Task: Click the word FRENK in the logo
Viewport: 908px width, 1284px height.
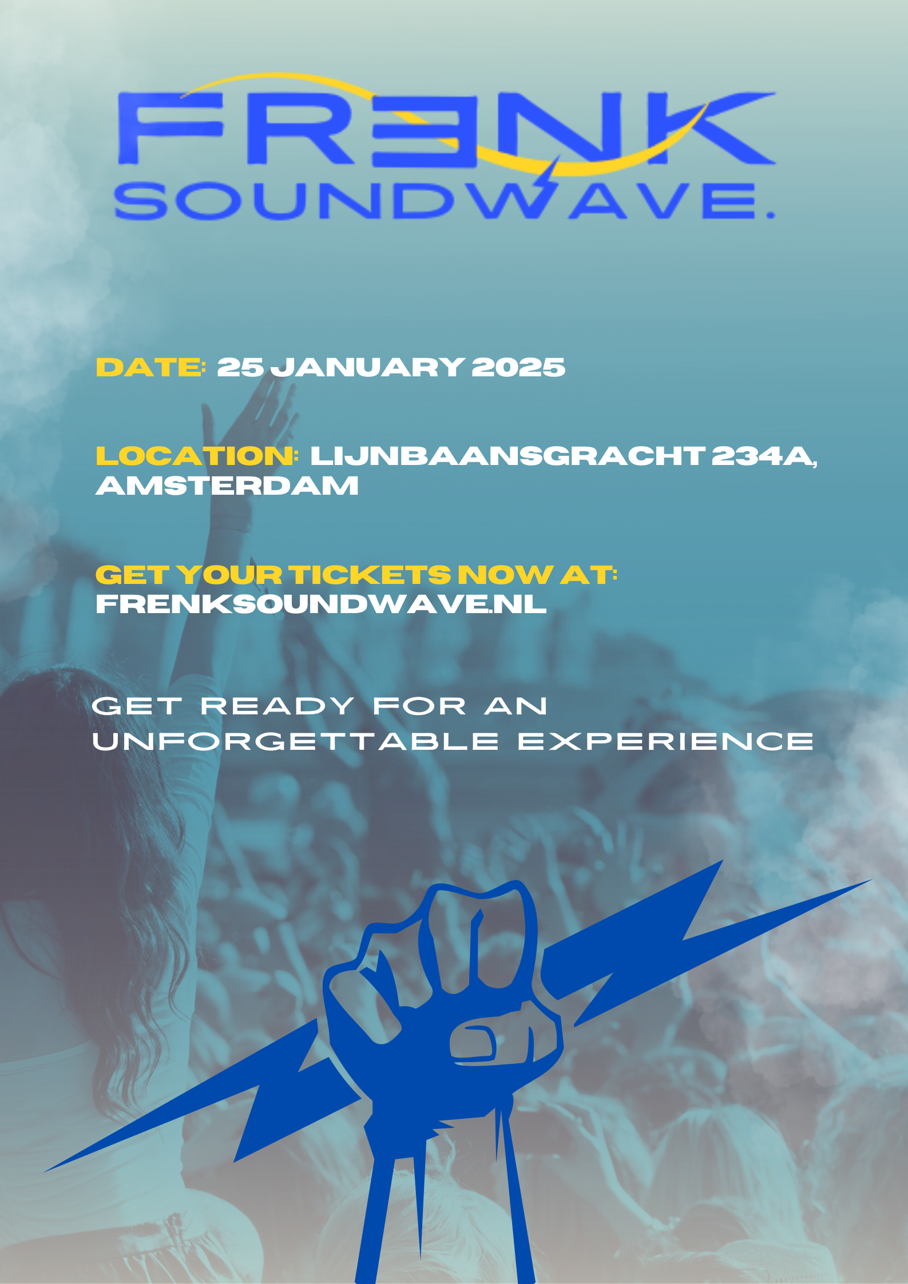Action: [446, 129]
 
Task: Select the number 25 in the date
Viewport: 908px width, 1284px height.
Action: [240, 367]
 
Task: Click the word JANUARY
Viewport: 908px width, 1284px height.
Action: [367, 367]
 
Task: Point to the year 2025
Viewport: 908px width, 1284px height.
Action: [518, 367]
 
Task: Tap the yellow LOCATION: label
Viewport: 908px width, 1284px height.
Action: [197, 456]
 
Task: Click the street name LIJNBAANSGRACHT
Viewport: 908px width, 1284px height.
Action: [507, 456]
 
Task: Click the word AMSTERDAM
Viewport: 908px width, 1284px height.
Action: [227, 486]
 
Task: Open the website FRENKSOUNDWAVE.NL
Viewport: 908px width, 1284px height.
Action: [321, 604]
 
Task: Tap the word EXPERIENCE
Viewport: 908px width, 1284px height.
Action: [665, 741]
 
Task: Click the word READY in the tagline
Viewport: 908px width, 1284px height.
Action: [277, 706]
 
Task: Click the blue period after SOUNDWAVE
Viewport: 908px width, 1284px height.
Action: [770, 215]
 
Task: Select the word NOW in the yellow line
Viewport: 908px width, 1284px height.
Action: [505, 575]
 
